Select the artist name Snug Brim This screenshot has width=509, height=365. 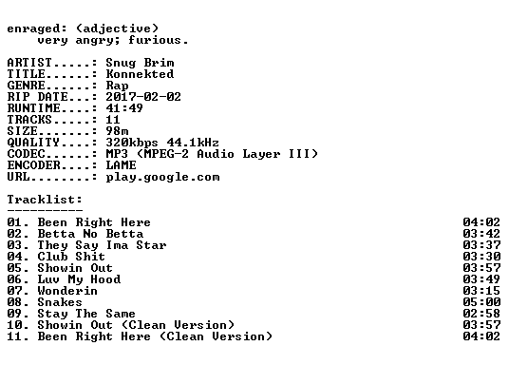[x=140, y=63]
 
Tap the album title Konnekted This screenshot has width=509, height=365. [x=140, y=74]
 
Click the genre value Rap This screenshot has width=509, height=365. [x=117, y=86]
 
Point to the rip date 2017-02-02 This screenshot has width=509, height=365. [x=143, y=97]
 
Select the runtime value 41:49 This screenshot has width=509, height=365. [x=124, y=108]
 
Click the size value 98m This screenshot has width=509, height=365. [x=117, y=131]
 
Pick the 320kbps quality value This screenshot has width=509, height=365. [x=132, y=143]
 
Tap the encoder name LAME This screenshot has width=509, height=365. [x=121, y=165]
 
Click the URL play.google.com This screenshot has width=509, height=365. [x=162, y=178]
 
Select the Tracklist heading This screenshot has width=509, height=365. [x=45, y=200]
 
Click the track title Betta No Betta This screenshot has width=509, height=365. [x=90, y=234]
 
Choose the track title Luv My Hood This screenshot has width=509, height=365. [x=79, y=279]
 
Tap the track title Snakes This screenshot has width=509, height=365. [x=60, y=302]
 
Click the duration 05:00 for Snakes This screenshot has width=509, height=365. [x=481, y=302]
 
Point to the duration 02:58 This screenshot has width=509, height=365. [x=481, y=314]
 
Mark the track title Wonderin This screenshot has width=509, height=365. [x=67, y=291]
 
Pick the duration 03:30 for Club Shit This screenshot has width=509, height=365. [x=481, y=257]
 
